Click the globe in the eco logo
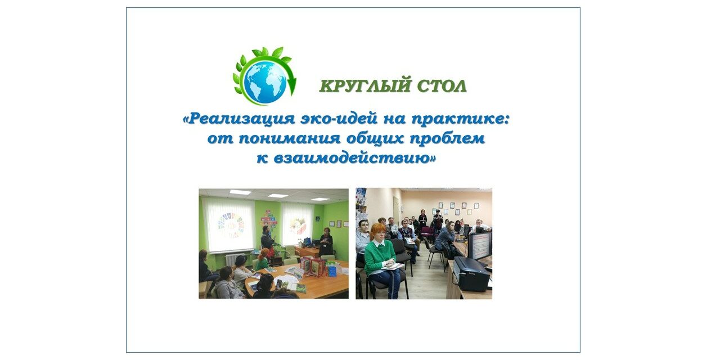tap(265, 82)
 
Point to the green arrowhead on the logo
tap(292, 84)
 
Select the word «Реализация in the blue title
tap(238, 119)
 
